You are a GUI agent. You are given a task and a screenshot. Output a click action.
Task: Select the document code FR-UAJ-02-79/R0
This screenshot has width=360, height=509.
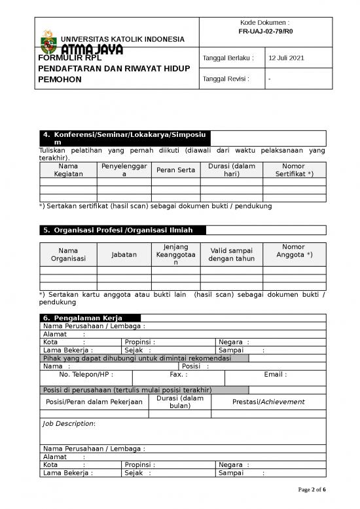click(265, 31)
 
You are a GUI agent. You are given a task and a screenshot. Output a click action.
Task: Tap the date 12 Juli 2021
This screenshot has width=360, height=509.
click(287, 59)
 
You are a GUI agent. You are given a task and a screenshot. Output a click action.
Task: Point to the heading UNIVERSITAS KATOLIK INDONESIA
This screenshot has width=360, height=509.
click(122, 39)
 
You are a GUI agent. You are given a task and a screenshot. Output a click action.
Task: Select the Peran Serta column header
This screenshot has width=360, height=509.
click(175, 170)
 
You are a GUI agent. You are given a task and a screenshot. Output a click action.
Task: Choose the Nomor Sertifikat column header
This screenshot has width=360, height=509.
click(294, 170)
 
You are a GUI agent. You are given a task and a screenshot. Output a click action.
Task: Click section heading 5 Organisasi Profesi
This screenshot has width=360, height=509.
click(122, 230)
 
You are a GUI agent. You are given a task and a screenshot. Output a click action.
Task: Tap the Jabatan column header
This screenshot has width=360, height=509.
click(124, 254)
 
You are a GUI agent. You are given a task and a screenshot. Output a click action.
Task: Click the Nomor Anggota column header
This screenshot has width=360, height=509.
click(294, 250)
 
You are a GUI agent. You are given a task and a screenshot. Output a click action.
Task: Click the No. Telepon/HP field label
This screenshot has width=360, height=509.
click(86, 375)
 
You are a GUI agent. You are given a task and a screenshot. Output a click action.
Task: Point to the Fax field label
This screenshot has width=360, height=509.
click(178, 375)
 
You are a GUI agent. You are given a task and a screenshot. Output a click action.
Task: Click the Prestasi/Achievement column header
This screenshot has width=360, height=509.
click(268, 402)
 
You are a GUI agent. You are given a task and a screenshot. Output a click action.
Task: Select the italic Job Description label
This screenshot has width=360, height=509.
click(69, 424)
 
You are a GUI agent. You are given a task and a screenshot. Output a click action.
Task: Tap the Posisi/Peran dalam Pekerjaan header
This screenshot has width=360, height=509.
click(94, 402)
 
